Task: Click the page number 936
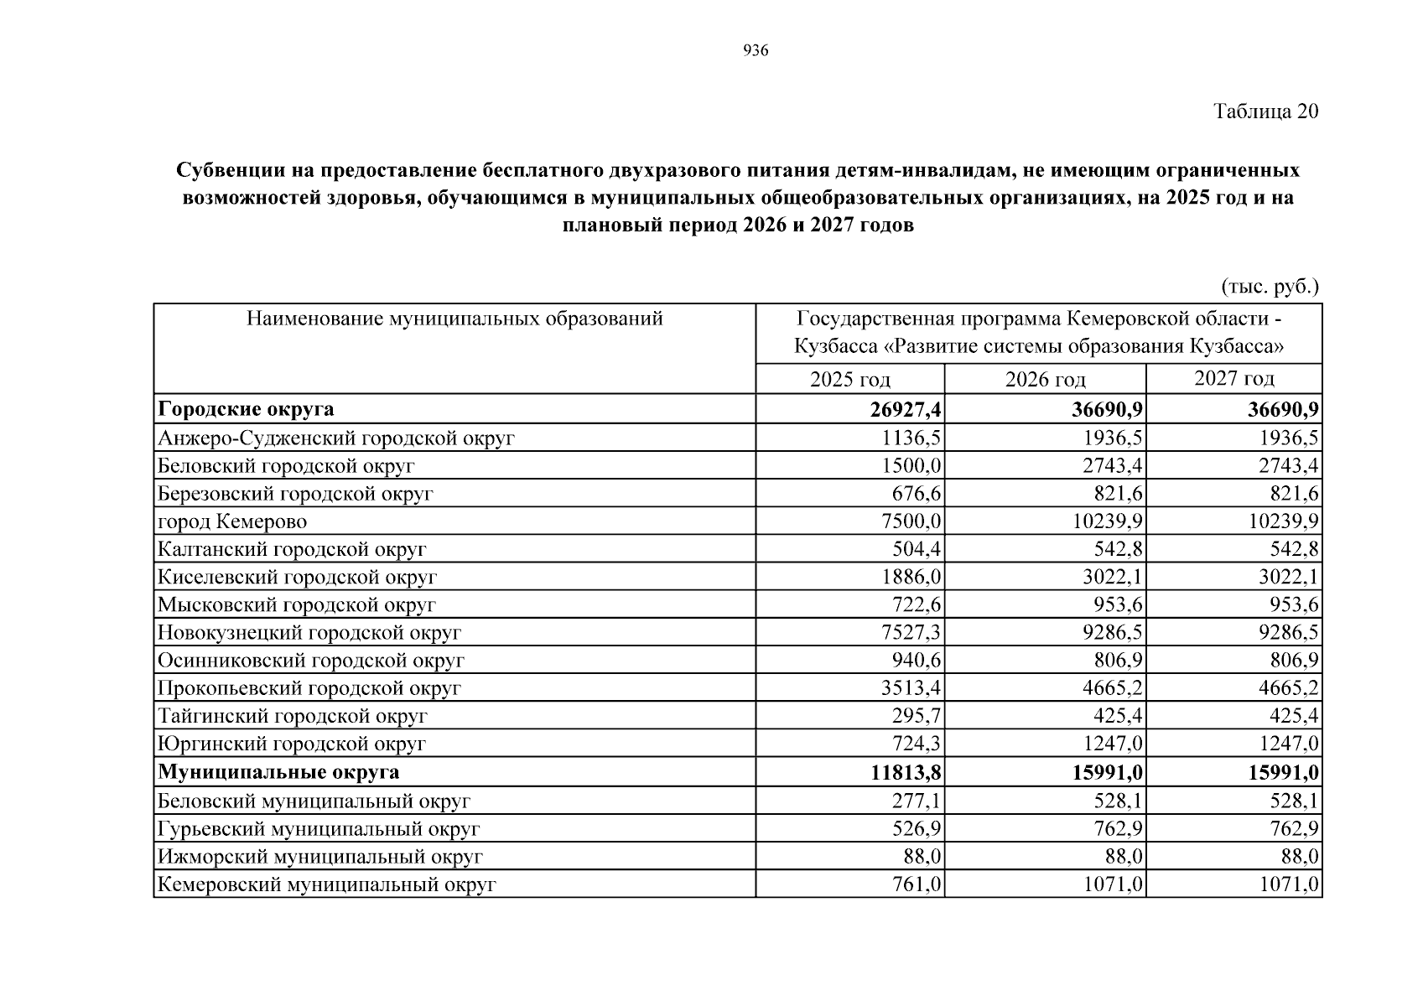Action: (x=756, y=51)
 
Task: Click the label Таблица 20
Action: (x=1265, y=111)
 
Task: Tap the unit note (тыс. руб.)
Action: (x=1270, y=287)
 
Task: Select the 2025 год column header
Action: (x=849, y=379)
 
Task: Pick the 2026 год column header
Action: (x=1045, y=379)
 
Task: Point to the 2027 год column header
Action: (x=1233, y=378)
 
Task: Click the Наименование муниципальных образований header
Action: (x=454, y=319)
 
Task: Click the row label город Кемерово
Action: (x=232, y=521)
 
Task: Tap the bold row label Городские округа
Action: (x=246, y=409)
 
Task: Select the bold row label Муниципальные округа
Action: (x=278, y=772)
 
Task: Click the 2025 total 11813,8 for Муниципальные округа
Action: (x=905, y=772)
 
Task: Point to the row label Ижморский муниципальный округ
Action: (x=319, y=856)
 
